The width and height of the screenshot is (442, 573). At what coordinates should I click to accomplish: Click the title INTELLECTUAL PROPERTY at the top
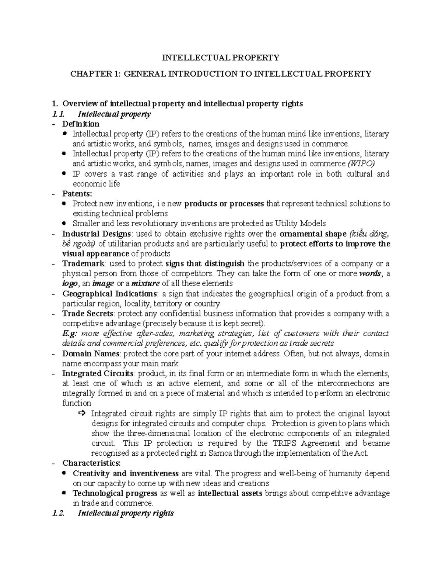tap(221, 58)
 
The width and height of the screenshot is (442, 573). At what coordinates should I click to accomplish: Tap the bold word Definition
tap(81, 124)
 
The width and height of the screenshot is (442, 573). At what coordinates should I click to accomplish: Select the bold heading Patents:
tap(77, 194)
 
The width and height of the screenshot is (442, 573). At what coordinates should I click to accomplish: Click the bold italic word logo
tap(70, 283)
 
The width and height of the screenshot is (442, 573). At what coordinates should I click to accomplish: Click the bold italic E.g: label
tap(70, 334)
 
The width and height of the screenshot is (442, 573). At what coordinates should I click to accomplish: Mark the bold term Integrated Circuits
tap(98, 373)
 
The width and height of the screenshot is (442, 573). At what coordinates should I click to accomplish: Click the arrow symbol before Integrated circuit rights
tap(82, 413)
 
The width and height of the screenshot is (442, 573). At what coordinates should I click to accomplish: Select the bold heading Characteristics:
tap(91, 463)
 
